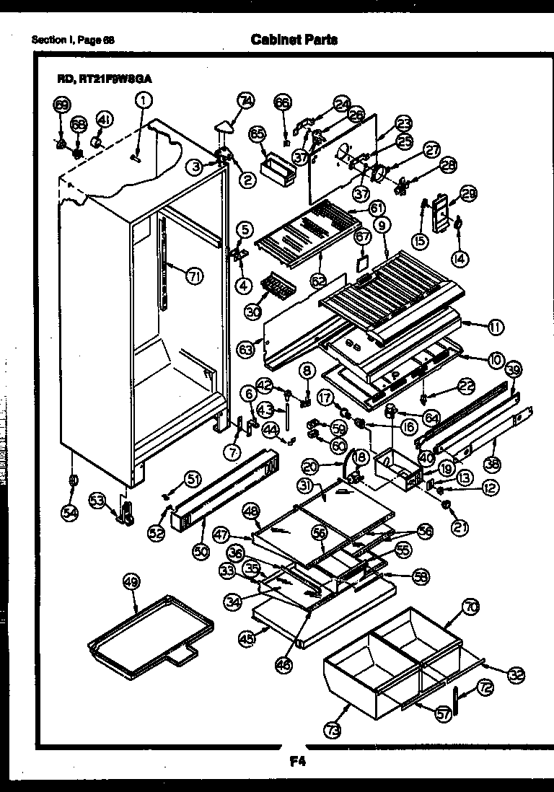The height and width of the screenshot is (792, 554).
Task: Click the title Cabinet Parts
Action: click(x=294, y=40)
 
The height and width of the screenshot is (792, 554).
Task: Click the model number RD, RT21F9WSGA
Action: click(x=106, y=79)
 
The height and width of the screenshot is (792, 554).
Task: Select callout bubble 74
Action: click(x=246, y=102)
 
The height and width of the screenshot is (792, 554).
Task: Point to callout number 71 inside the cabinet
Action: click(x=193, y=276)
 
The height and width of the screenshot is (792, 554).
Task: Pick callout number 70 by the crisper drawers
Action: click(x=470, y=609)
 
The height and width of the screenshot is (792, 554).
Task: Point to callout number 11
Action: click(x=495, y=327)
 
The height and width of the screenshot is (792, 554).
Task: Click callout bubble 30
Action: click(x=252, y=311)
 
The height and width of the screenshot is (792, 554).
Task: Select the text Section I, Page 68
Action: click(x=73, y=40)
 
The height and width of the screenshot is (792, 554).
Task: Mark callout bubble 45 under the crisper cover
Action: click(x=247, y=637)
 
